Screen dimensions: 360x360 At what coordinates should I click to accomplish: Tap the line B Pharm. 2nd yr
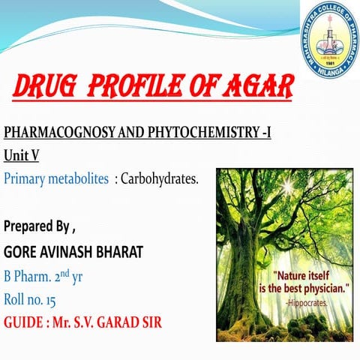pos(43,275)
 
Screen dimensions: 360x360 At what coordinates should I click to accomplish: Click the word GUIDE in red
pos(24,323)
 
